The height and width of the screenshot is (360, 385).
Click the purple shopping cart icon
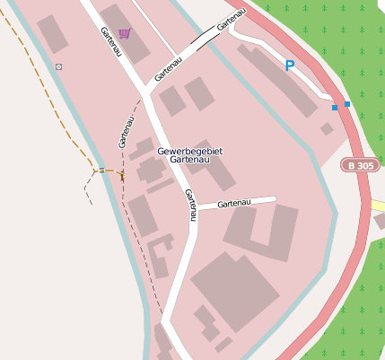tap(124, 33)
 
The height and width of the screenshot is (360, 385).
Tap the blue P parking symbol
tap(289, 66)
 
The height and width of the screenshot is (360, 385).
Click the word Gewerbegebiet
tap(189, 151)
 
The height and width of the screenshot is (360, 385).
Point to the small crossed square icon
tap(59, 67)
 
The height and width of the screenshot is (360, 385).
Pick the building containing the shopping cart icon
tap(124, 31)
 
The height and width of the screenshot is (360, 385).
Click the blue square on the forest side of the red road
tap(347, 104)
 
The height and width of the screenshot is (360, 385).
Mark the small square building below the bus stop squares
tap(327, 129)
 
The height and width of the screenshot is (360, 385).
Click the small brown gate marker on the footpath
tap(122, 176)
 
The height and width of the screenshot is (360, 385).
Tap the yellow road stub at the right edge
tap(378, 206)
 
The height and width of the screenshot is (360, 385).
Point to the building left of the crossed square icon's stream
tap(52, 34)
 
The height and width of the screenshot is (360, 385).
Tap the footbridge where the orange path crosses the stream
tap(101, 170)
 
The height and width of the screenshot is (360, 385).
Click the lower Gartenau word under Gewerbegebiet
tap(189, 160)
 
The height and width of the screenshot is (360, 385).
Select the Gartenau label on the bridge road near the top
tap(231, 19)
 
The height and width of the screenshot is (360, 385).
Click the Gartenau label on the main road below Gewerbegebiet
tap(189, 205)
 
